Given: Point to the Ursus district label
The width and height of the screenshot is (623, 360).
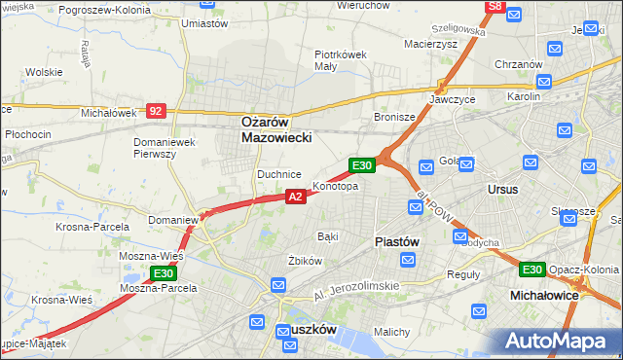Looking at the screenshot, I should [503, 189].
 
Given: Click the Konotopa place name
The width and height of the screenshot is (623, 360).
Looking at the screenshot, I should [335, 186].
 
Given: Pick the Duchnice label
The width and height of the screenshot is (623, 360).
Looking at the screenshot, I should [278, 174].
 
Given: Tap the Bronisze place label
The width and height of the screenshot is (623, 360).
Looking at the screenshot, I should [394, 117].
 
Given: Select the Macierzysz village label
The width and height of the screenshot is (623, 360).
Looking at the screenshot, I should [430, 43].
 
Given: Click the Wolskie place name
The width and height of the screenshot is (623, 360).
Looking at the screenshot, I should [44, 72].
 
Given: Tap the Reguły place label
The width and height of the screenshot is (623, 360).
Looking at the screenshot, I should [462, 274].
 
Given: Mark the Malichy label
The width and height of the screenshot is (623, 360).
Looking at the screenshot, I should [391, 332].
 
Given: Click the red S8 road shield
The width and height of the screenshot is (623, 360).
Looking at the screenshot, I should [495, 6].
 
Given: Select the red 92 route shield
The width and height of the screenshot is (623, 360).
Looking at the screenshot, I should [156, 111].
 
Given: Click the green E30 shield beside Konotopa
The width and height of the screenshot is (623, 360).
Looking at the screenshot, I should [362, 166].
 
